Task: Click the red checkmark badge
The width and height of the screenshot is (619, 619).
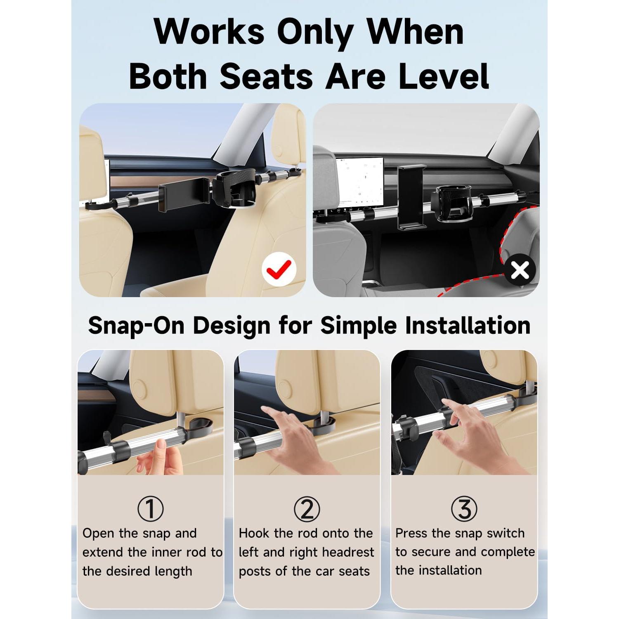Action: [x=279, y=269]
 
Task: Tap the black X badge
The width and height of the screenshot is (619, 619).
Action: [x=520, y=271]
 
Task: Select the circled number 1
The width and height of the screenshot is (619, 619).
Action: [x=151, y=508]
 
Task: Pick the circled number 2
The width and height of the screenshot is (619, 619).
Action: [x=307, y=508]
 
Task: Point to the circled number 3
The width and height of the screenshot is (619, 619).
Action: [x=464, y=508]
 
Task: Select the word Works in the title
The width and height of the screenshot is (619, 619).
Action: [x=209, y=32]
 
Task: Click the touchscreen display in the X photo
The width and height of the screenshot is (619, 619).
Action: [x=357, y=182]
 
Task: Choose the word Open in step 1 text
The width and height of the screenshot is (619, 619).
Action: [x=98, y=533]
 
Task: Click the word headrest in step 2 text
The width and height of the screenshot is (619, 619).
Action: [x=348, y=552]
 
